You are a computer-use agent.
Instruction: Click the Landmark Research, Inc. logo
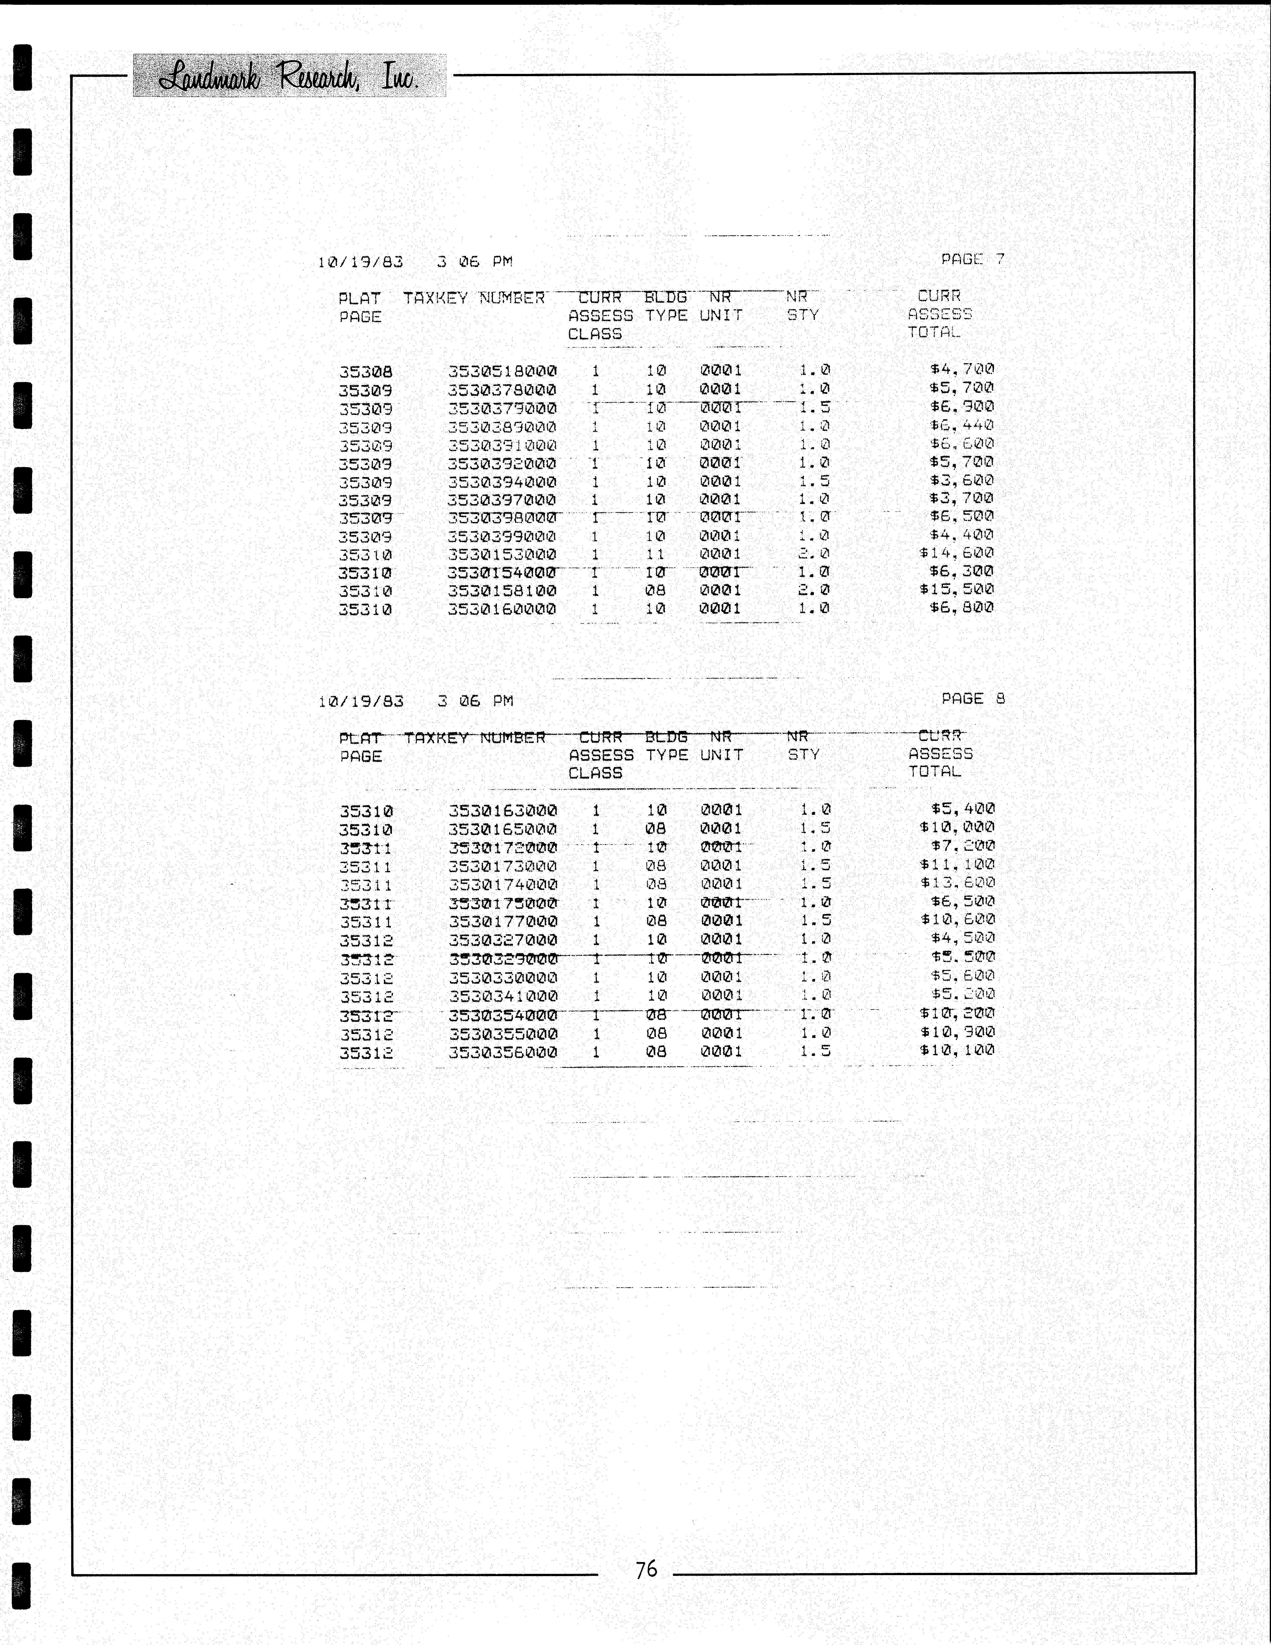click(289, 76)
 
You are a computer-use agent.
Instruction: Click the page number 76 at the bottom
click(647, 1569)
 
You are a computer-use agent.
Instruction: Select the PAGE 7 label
click(973, 259)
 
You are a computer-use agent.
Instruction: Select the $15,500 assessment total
click(956, 590)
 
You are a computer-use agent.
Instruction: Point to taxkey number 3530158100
click(502, 590)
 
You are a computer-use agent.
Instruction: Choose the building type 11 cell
click(656, 554)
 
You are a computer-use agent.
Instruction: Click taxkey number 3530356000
click(502, 1052)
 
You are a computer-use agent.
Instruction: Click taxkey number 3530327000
click(502, 940)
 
